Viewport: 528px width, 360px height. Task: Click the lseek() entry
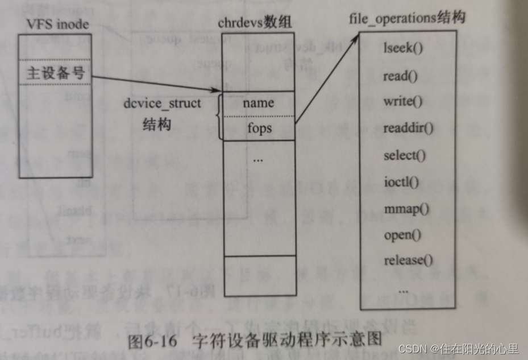(404, 48)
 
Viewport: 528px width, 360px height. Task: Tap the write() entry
(403, 102)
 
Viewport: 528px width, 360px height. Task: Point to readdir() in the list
(408, 128)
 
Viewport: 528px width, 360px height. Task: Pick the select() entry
(405, 155)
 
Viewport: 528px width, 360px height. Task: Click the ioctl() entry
(401, 182)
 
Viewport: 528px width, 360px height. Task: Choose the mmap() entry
(406, 208)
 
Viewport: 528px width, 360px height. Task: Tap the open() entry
(402, 234)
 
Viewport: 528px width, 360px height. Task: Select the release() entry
(408, 260)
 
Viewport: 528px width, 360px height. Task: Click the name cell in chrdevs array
(258, 103)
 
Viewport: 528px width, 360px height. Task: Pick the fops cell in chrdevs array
(259, 129)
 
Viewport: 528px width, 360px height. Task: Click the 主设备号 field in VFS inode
(54, 73)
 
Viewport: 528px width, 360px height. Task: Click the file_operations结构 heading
(407, 18)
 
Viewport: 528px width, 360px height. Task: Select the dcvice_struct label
(163, 105)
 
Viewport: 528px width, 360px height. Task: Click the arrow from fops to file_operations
(327, 79)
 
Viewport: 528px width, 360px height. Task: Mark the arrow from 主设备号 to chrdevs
(156, 83)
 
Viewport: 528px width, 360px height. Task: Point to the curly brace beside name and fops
(218, 117)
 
